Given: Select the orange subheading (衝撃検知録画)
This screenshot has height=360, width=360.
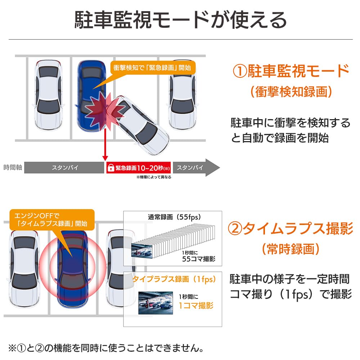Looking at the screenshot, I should tap(291, 92).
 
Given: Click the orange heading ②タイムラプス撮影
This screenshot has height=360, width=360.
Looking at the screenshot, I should tap(291, 229).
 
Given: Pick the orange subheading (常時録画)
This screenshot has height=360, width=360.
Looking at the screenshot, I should tap(291, 248).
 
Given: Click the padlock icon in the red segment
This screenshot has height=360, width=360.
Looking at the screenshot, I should tap(111, 168).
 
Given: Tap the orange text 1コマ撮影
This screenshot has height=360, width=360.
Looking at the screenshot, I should tap(196, 305).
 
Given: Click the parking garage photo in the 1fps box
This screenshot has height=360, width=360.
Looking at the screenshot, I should tap(156, 302).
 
